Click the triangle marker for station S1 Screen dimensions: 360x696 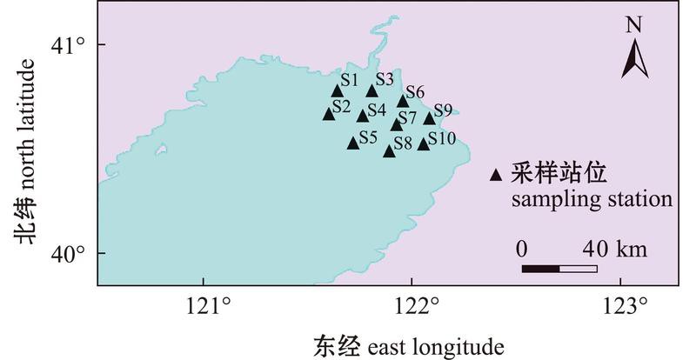tap(338, 91)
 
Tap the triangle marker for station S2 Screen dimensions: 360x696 tap(329, 114)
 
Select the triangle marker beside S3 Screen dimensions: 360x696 tap(372, 90)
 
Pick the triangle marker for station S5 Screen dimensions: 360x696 tap(353, 143)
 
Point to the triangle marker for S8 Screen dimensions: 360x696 tap(389, 150)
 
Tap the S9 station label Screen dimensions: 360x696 tap(443, 110)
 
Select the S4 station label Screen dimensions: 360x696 tap(376, 110)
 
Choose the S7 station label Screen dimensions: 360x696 tap(407, 117)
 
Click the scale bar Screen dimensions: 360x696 tap(559, 268)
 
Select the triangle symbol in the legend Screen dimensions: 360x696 tap(496, 176)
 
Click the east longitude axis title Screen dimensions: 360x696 tap(409, 345)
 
